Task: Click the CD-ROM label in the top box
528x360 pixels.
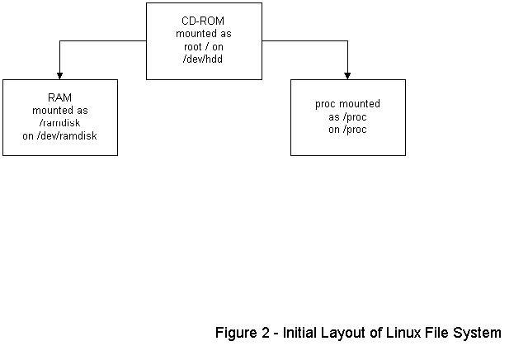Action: [x=204, y=20]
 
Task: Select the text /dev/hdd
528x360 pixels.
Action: [x=204, y=59]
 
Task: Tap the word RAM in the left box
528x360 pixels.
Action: [x=59, y=97]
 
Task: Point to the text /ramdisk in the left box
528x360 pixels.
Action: [x=59, y=122]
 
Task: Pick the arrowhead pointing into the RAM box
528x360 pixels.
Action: [x=59, y=75]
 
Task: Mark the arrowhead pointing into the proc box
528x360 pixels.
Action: [x=347, y=75]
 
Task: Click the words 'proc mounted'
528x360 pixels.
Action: [x=347, y=105]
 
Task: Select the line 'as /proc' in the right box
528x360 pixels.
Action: [x=347, y=117]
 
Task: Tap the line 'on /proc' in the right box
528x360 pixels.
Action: [x=347, y=130]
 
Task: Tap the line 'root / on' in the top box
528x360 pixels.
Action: [x=204, y=46]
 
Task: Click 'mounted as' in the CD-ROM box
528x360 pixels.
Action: [x=204, y=33]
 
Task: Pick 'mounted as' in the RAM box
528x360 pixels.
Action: [x=59, y=110]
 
